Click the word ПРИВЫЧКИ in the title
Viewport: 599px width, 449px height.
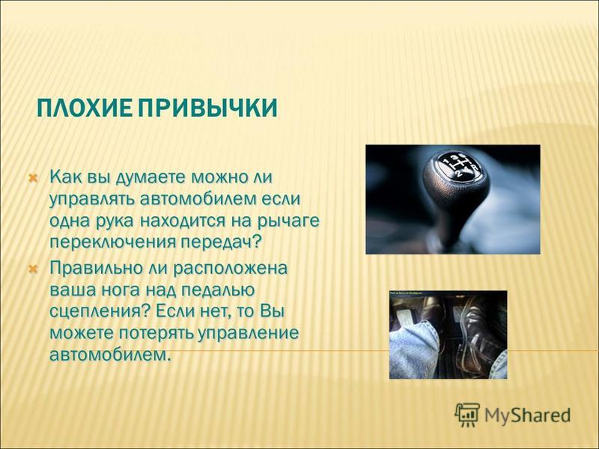[x=207, y=108]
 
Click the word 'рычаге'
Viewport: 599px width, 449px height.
[x=288, y=222]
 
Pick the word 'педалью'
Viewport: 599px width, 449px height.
[x=217, y=290]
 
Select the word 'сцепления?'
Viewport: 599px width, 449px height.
[x=100, y=311]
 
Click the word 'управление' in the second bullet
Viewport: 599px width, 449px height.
[x=249, y=333]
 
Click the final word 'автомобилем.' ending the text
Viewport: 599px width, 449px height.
[x=109, y=355]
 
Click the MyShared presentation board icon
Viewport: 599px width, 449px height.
[x=466, y=415]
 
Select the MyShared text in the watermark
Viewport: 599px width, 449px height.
[x=528, y=415]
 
